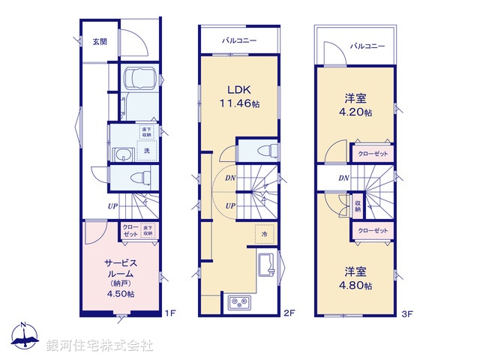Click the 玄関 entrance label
[x=100, y=42]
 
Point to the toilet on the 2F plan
[x=265, y=151]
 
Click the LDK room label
[x=239, y=89]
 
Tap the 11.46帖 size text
[x=240, y=104]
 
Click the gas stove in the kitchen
[x=241, y=303]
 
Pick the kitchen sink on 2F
[x=267, y=267]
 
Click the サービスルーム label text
[x=121, y=268]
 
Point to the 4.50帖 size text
[x=121, y=294]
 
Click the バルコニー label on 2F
[x=239, y=40]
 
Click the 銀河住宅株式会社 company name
[x=99, y=346]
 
